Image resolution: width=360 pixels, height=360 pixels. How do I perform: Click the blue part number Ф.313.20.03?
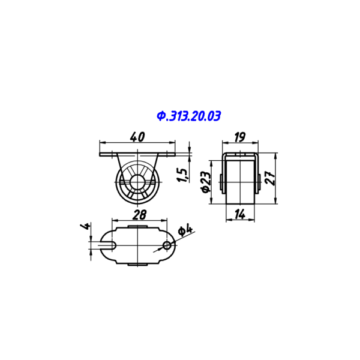click(x=189, y=116)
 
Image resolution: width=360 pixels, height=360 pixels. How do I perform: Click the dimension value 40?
click(x=137, y=137)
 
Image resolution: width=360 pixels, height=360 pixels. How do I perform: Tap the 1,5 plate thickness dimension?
click(x=183, y=175)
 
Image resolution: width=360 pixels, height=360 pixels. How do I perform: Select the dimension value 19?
click(x=240, y=137)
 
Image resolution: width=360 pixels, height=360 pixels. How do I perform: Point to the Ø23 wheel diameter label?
click(x=206, y=182)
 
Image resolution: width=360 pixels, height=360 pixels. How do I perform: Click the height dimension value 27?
click(x=270, y=178)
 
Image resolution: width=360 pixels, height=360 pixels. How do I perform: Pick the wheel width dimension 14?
click(x=240, y=214)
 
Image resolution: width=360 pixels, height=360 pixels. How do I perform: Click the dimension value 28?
click(x=139, y=215)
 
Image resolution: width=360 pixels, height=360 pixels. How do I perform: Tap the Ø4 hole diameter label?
click(x=185, y=231)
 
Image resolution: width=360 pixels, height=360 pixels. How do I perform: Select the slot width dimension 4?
click(x=85, y=226)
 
